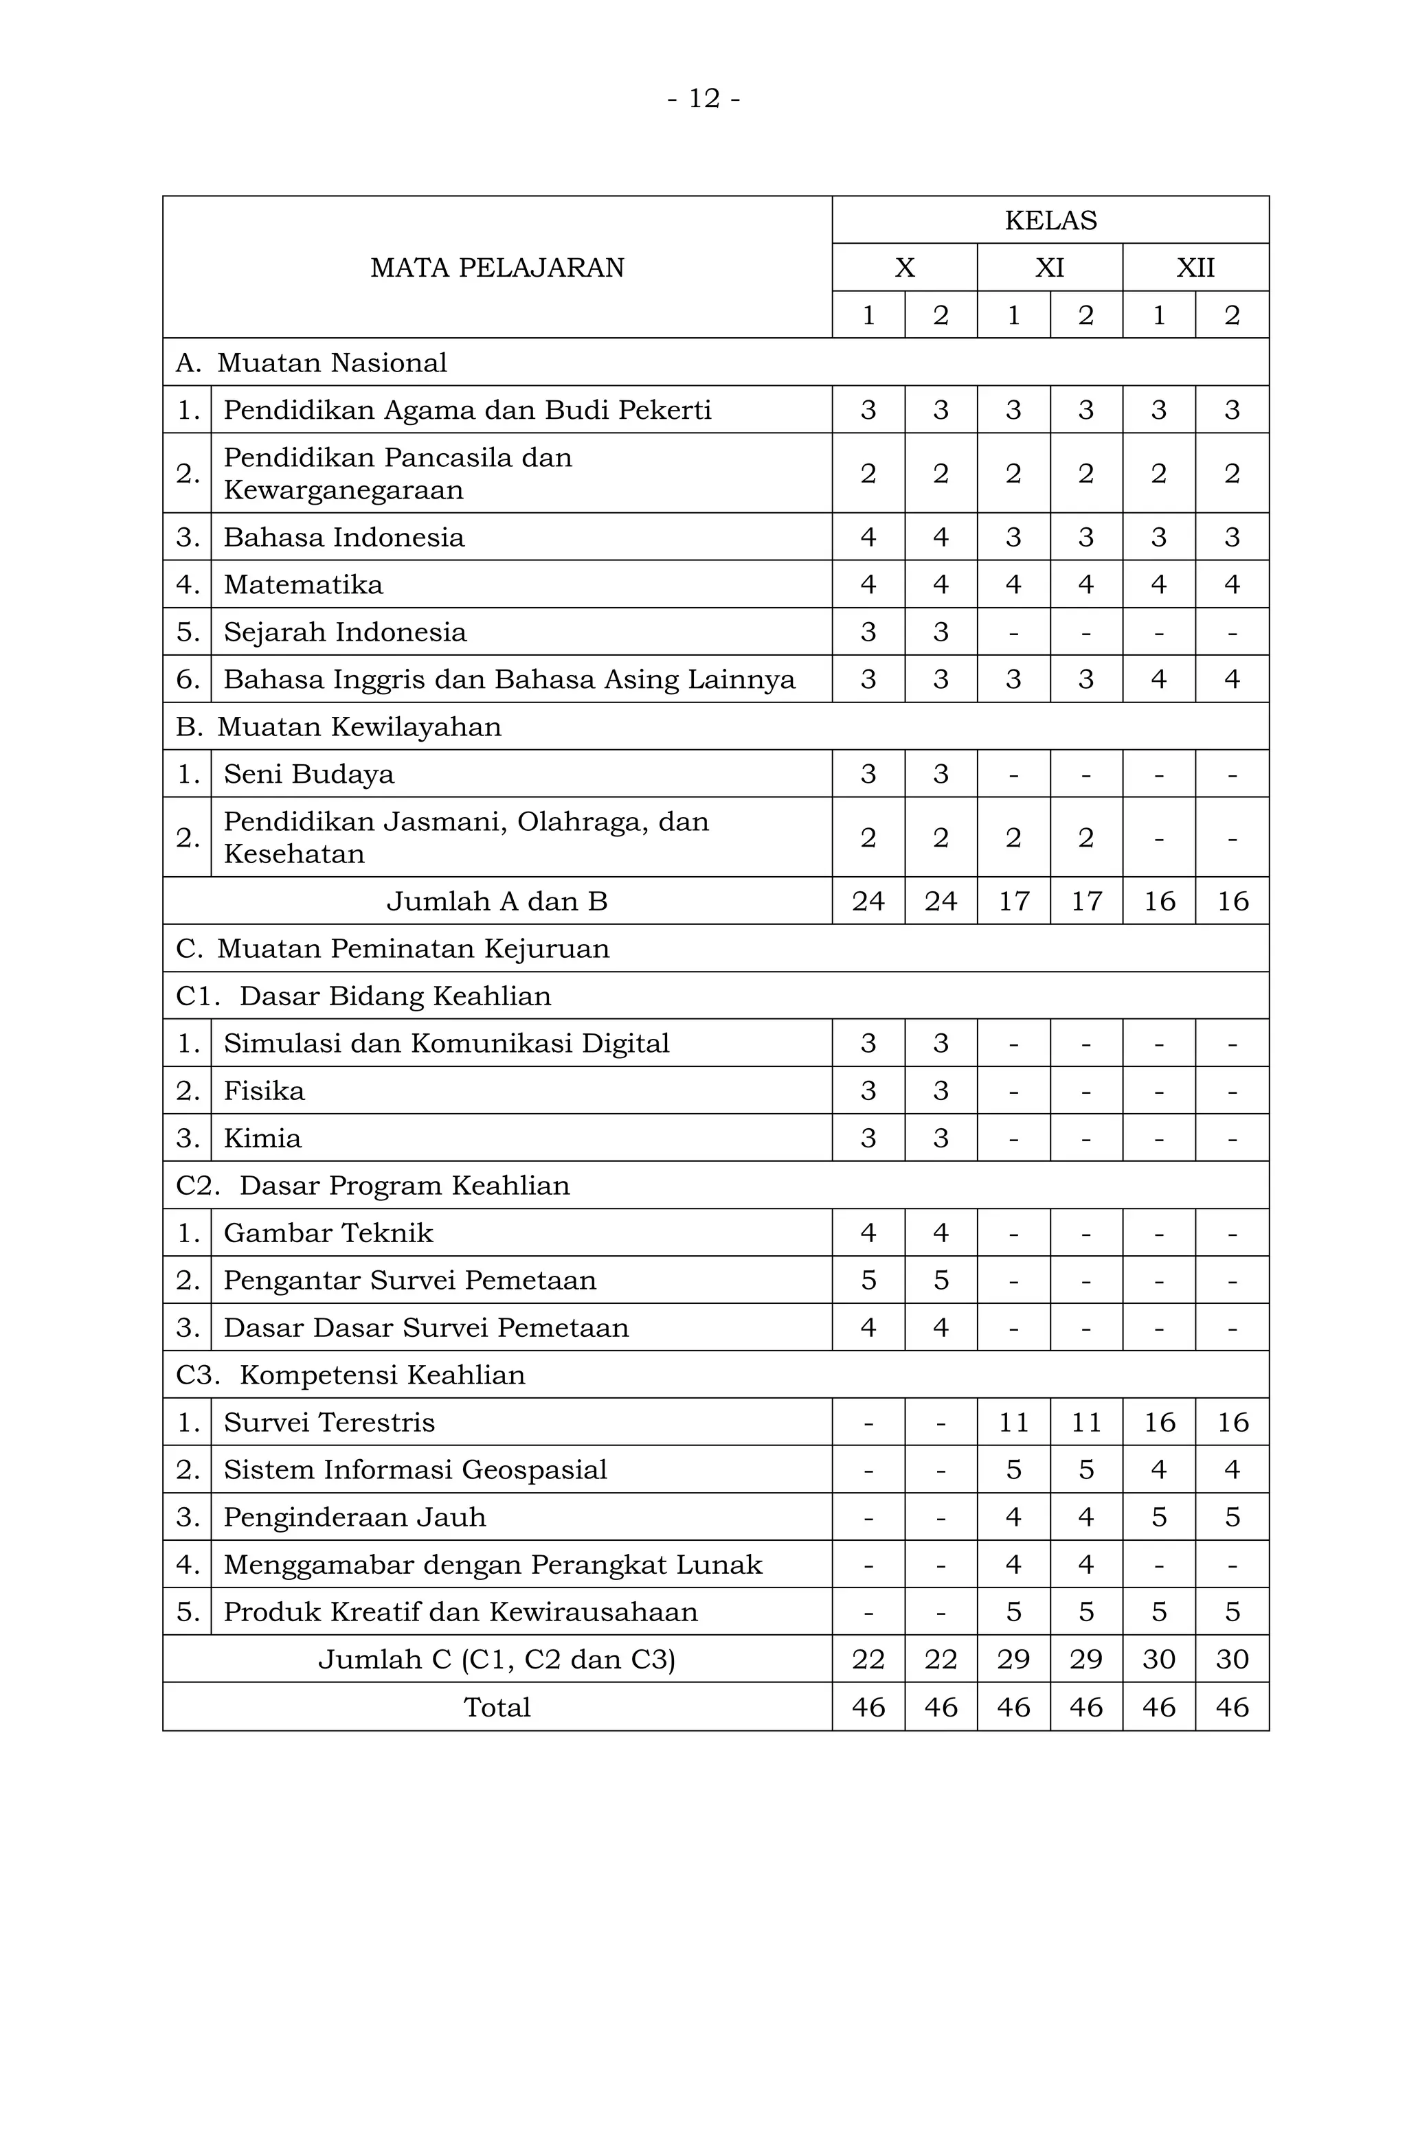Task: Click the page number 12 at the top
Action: click(703, 98)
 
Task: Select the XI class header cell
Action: click(1049, 268)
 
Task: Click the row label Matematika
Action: click(303, 584)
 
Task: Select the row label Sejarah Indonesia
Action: click(345, 632)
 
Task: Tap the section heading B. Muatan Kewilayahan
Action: click(338, 726)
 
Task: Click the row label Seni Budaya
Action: click(308, 774)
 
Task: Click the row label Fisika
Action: click(264, 1090)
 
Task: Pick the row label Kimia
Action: click(262, 1138)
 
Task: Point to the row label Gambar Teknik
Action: click(328, 1233)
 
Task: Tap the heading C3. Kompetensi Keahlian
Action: click(350, 1375)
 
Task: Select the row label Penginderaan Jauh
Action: click(355, 1517)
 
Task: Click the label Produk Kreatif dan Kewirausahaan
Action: click(461, 1612)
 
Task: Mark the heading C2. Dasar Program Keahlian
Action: click(372, 1186)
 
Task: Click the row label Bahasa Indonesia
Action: click(344, 538)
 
